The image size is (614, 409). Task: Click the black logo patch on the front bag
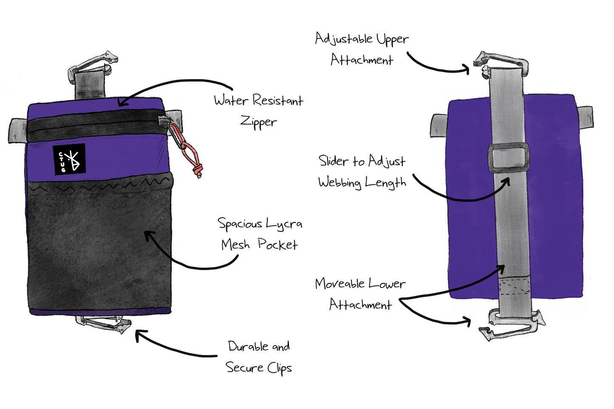[x=69, y=158]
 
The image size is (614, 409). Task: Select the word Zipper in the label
[x=258, y=122]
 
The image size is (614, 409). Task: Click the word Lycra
[x=284, y=223]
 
